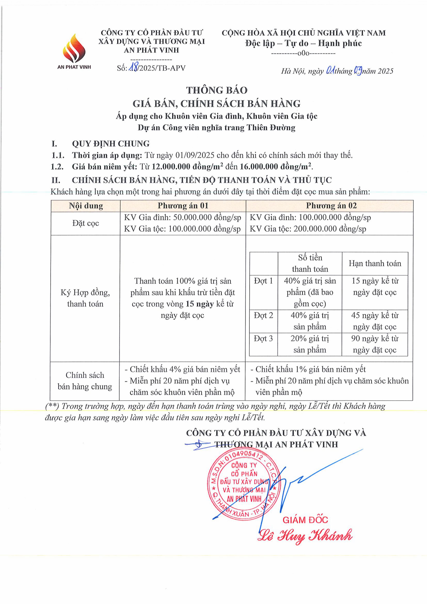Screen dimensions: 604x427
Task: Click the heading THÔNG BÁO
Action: coord(217,90)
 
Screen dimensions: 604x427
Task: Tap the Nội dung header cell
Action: coord(86,206)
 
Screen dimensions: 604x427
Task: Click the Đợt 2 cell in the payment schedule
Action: coord(263,315)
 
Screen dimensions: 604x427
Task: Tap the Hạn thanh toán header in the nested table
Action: coord(375,263)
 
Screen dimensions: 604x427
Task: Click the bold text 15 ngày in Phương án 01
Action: coord(200,304)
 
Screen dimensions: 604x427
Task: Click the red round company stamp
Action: coord(244,485)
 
